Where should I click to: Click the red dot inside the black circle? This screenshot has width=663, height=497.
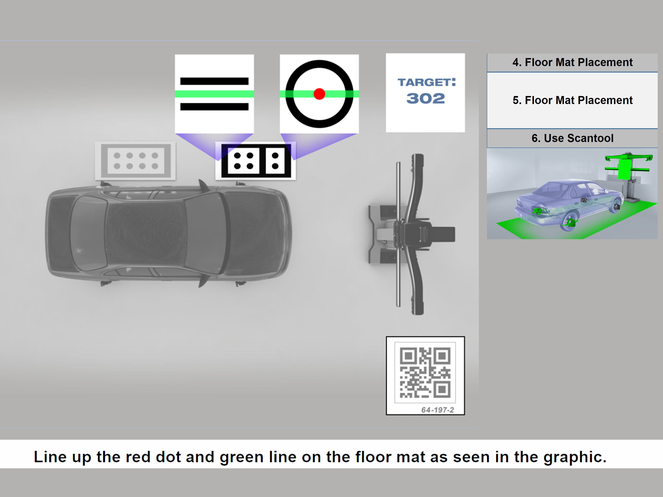319,94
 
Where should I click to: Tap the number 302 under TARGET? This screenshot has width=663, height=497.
426,98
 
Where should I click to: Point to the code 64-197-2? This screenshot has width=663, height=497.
438,410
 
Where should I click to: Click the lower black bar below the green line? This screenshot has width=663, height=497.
214,107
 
